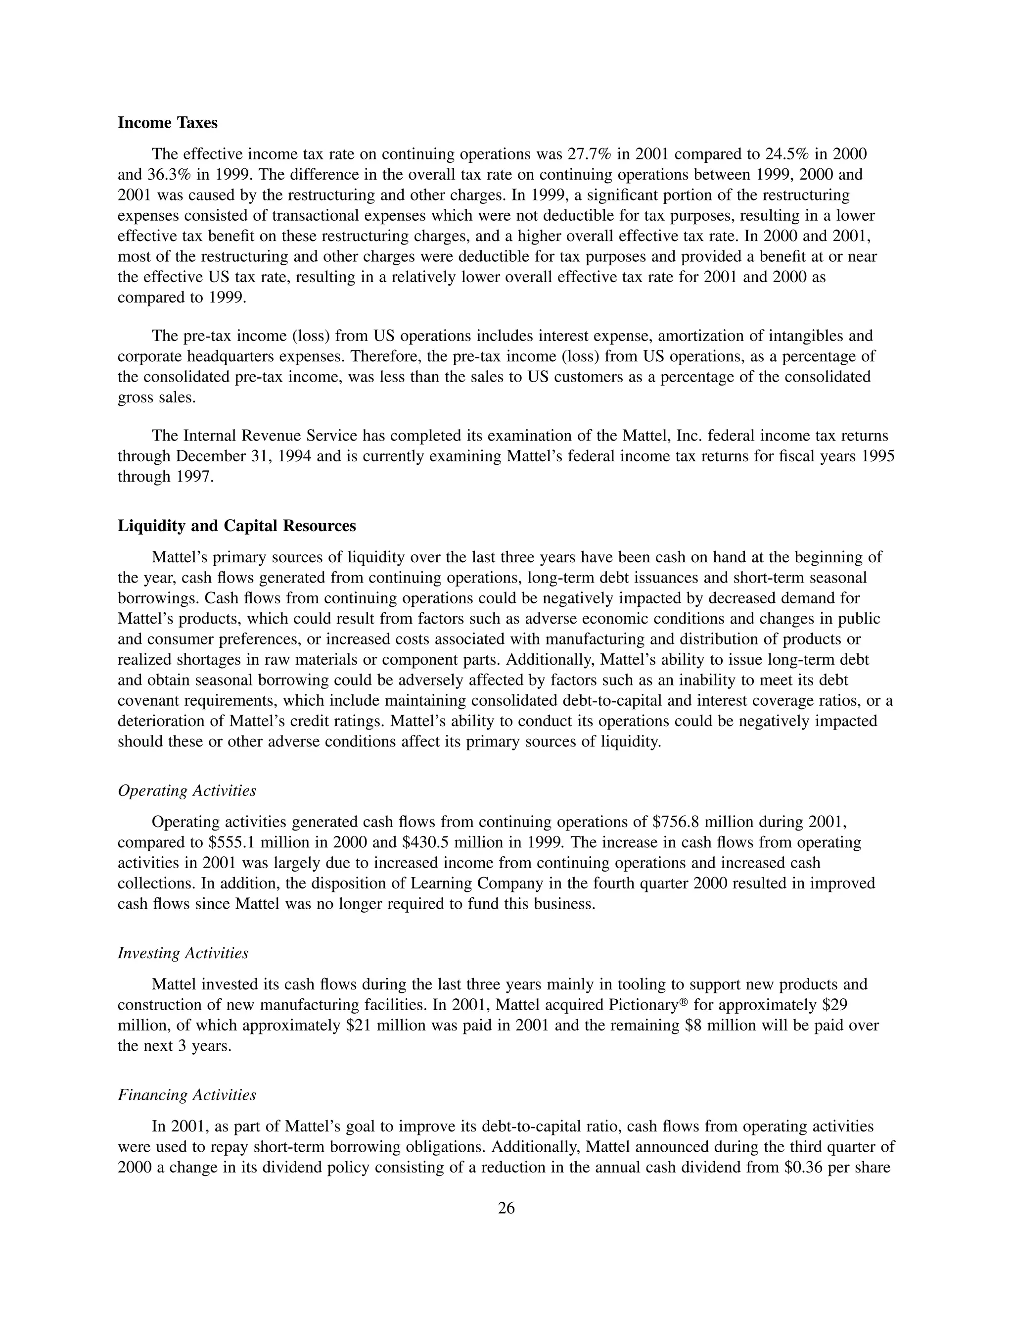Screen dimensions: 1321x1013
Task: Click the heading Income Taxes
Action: [167, 123]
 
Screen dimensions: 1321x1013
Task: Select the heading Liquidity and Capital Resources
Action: [236, 526]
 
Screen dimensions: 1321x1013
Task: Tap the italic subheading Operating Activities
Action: [186, 791]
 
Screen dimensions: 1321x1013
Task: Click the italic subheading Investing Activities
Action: [183, 953]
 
